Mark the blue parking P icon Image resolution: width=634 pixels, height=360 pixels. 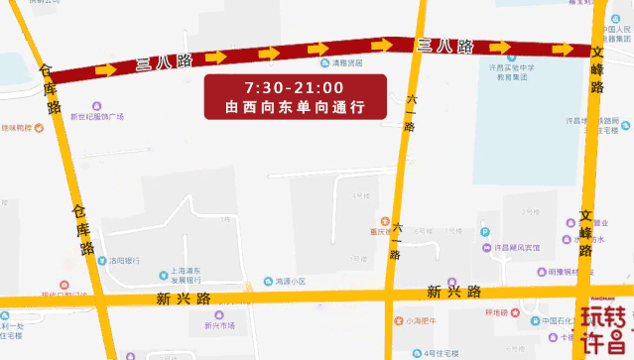coord(485,233)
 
